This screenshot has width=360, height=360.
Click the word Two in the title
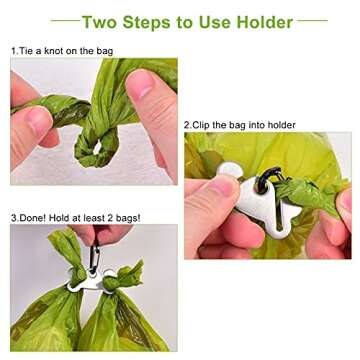coord(100,21)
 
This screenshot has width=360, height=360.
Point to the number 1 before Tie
coord(13,50)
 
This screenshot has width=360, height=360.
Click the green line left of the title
coord(64,21)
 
